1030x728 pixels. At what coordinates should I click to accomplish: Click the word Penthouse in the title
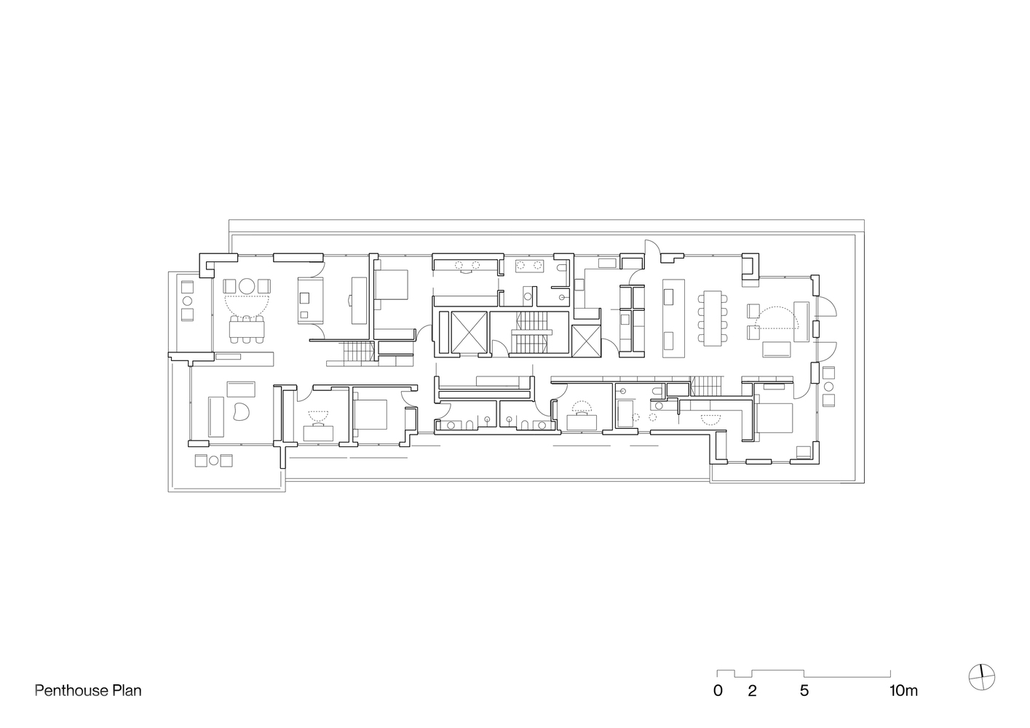point(71,691)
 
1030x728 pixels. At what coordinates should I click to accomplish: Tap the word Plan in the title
point(127,691)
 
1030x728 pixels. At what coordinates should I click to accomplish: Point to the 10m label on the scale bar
point(903,691)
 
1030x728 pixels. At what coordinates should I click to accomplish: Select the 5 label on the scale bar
point(804,691)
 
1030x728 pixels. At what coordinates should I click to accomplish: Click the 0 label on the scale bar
point(718,691)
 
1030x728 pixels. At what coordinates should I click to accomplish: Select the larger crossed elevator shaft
point(469,333)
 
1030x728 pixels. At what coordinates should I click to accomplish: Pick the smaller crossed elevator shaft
point(586,340)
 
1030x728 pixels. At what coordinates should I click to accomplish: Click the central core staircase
point(531,333)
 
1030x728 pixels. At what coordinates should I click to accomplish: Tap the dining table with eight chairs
point(713,318)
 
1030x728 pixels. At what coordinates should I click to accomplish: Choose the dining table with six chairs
point(247,328)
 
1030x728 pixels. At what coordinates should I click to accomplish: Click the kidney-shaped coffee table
point(241,411)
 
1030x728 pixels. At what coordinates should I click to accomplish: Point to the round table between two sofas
point(247,287)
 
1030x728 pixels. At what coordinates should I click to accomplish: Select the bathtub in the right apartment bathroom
point(625,414)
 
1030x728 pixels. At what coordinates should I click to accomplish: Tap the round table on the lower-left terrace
point(214,460)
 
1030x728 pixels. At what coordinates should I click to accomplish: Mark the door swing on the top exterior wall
point(653,247)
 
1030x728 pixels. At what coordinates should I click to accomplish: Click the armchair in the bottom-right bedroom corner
point(804,451)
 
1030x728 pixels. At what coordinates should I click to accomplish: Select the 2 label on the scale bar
point(752,691)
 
